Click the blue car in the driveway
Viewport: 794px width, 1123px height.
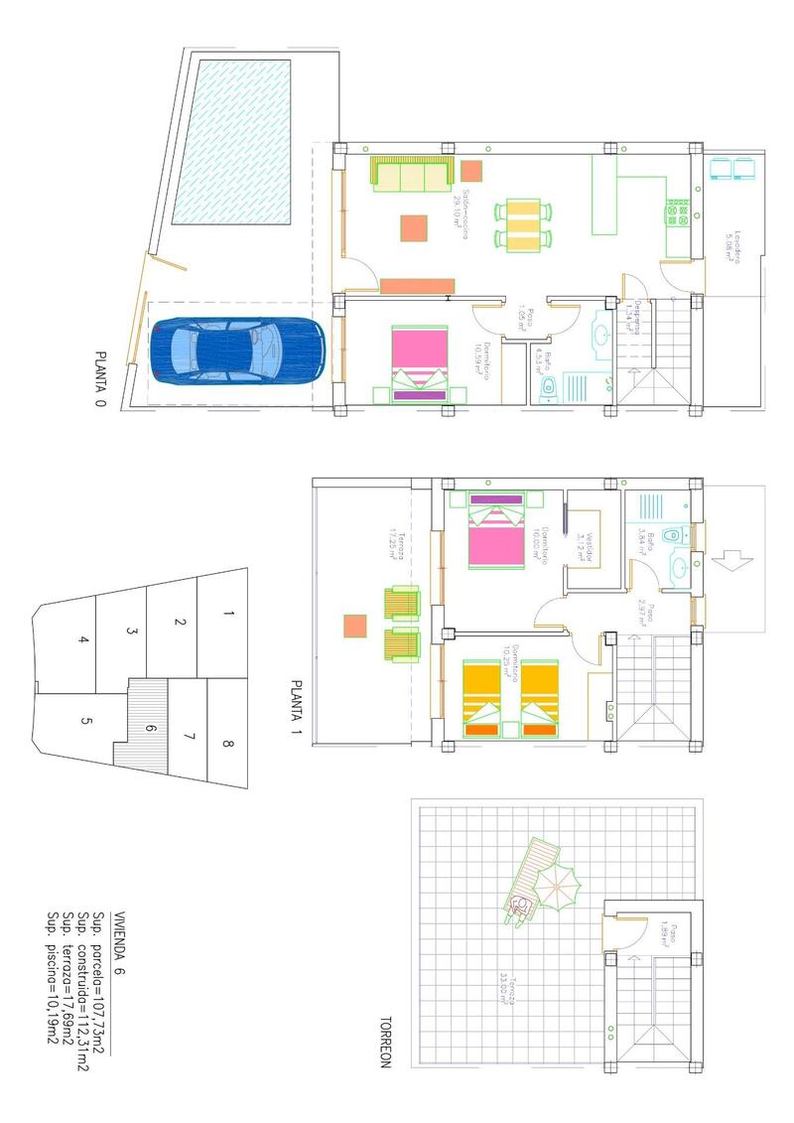tap(238, 350)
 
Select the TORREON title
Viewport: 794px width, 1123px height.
tap(387, 1043)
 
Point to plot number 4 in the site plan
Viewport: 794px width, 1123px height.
tap(83, 639)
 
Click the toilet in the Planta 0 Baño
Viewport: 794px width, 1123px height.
tap(549, 391)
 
